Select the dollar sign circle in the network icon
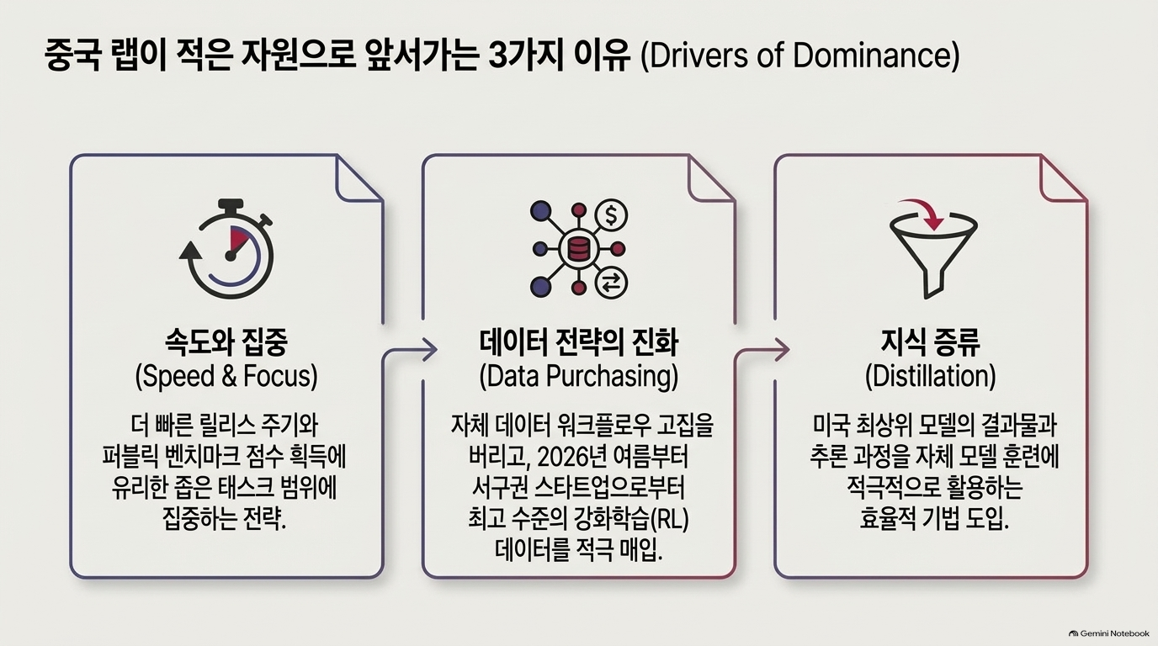611,215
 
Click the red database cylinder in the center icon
578,249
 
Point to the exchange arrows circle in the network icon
611,283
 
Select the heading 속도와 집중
226,342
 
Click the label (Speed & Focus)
226,376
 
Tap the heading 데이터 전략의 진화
578,342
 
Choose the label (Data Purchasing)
578,376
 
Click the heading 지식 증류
930,342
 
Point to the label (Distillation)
930,376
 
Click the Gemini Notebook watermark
1109,633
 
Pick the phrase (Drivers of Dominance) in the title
799,56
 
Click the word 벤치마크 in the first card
195,457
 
